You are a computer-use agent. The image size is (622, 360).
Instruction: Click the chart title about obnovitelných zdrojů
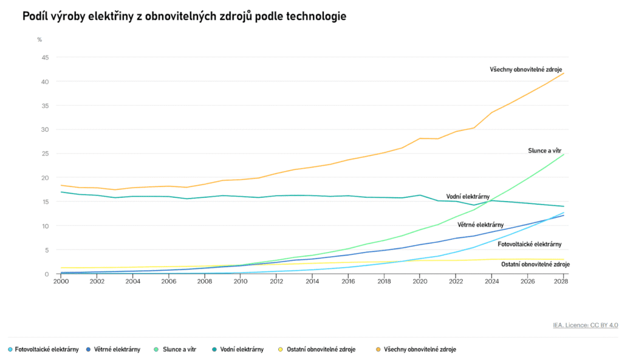click(x=184, y=16)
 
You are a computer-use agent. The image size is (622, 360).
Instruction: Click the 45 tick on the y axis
click(x=45, y=58)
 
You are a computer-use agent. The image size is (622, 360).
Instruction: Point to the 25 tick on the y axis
click(x=45, y=154)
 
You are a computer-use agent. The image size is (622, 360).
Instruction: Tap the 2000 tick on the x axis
click(x=61, y=282)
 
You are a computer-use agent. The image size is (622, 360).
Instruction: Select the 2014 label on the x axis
click(x=312, y=282)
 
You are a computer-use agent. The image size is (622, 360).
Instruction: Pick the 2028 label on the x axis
click(x=563, y=282)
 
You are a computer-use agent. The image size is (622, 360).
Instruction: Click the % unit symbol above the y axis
click(x=39, y=39)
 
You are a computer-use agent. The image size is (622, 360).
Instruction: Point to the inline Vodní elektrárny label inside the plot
click(x=468, y=197)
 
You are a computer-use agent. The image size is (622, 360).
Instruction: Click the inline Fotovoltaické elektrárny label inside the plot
click(x=529, y=244)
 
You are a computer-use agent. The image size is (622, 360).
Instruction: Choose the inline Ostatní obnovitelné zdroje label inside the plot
click(x=535, y=264)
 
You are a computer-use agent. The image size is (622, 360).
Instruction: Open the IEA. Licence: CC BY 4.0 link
click(x=586, y=325)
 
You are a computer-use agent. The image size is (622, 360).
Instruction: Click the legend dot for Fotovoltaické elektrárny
click(x=10, y=350)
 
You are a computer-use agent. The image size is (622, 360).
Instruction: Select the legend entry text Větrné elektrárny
click(x=117, y=350)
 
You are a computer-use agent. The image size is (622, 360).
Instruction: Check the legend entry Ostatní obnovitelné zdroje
click(x=321, y=350)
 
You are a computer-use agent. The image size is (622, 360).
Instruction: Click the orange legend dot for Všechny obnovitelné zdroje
click(x=379, y=350)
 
